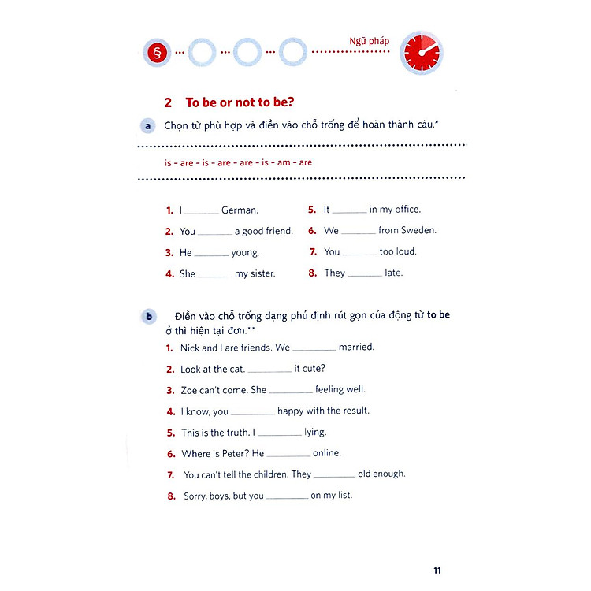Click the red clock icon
(421, 53)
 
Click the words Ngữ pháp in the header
(369, 42)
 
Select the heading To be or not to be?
(233, 102)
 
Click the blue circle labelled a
(147, 126)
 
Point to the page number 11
(438, 570)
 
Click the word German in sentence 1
(240, 210)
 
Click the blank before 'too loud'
(360, 252)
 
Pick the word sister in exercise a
(259, 273)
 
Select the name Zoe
(189, 390)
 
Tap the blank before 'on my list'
(287, 496)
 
